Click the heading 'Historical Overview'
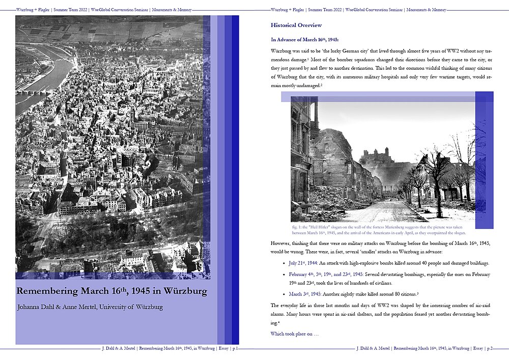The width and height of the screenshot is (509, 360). [x=296, y=25]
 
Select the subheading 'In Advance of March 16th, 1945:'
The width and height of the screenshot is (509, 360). [x=305, y=39]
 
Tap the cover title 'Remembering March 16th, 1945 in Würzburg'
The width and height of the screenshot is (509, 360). [x=111, y=292]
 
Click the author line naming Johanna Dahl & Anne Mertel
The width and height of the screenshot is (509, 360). [x=90, y=307]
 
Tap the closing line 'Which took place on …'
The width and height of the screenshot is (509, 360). [x=295, y=334]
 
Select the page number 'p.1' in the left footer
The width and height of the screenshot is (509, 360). [x=235, y=349]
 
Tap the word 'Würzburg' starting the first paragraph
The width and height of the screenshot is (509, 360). [x=282, y=52]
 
